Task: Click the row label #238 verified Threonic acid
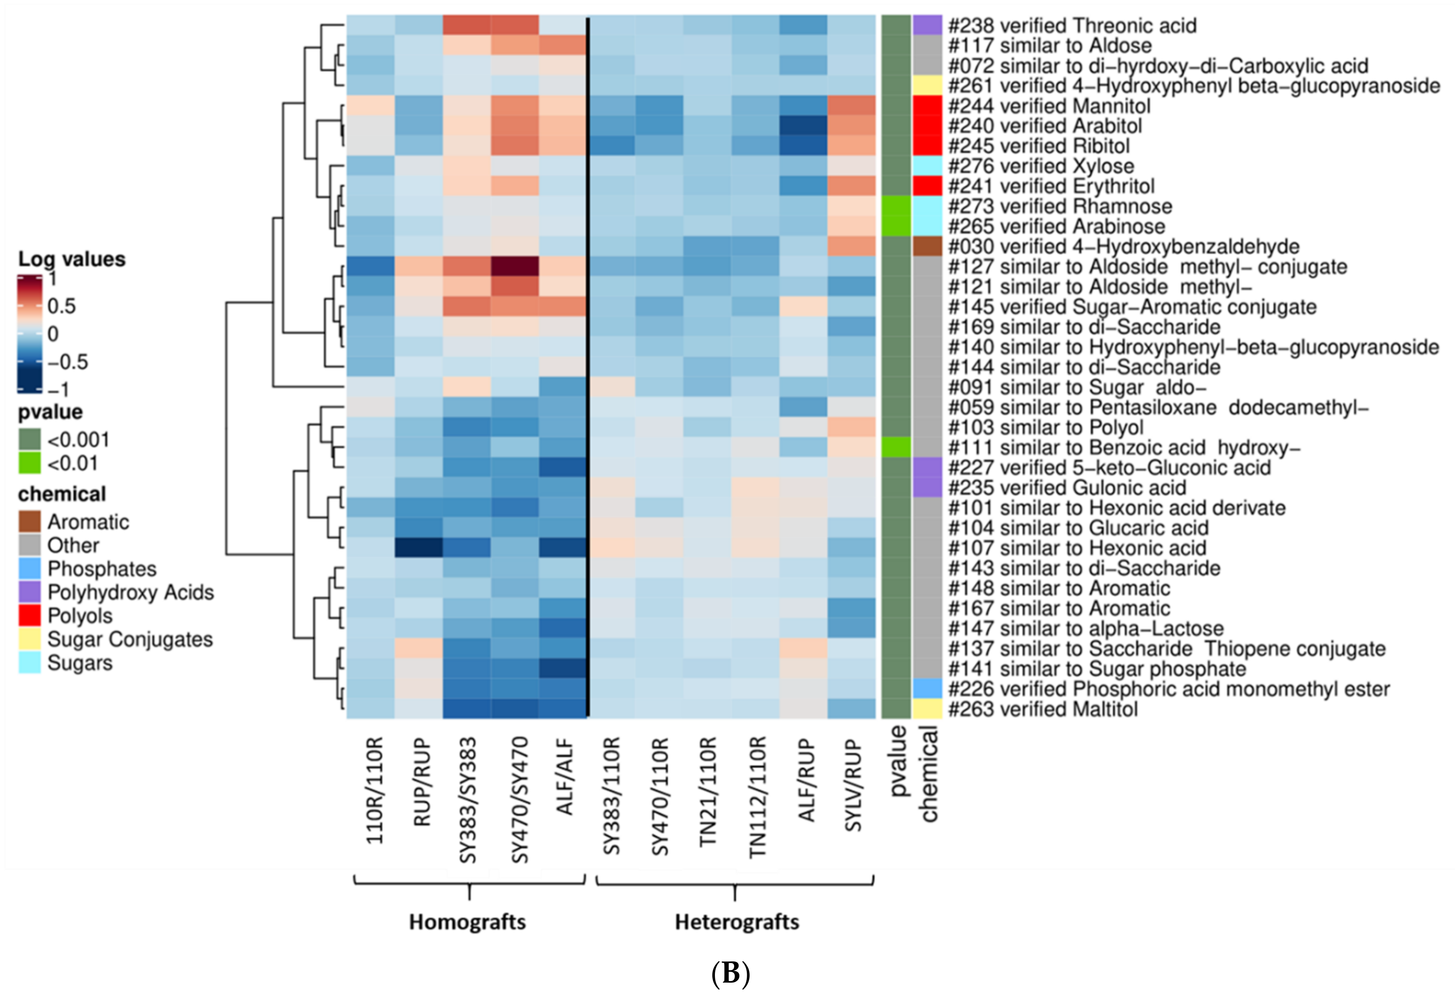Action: click(1072, 26)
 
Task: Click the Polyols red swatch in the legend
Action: click(30, 616)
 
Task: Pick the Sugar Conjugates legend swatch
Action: click(30, 639)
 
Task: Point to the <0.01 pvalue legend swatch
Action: click(30, 463)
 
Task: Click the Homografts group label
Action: click(467, 922)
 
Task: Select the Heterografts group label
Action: click(736, 922)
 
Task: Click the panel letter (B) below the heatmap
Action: click(730, 974)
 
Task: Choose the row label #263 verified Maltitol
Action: click(1042, 709)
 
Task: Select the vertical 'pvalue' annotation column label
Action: click(897, 760)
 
